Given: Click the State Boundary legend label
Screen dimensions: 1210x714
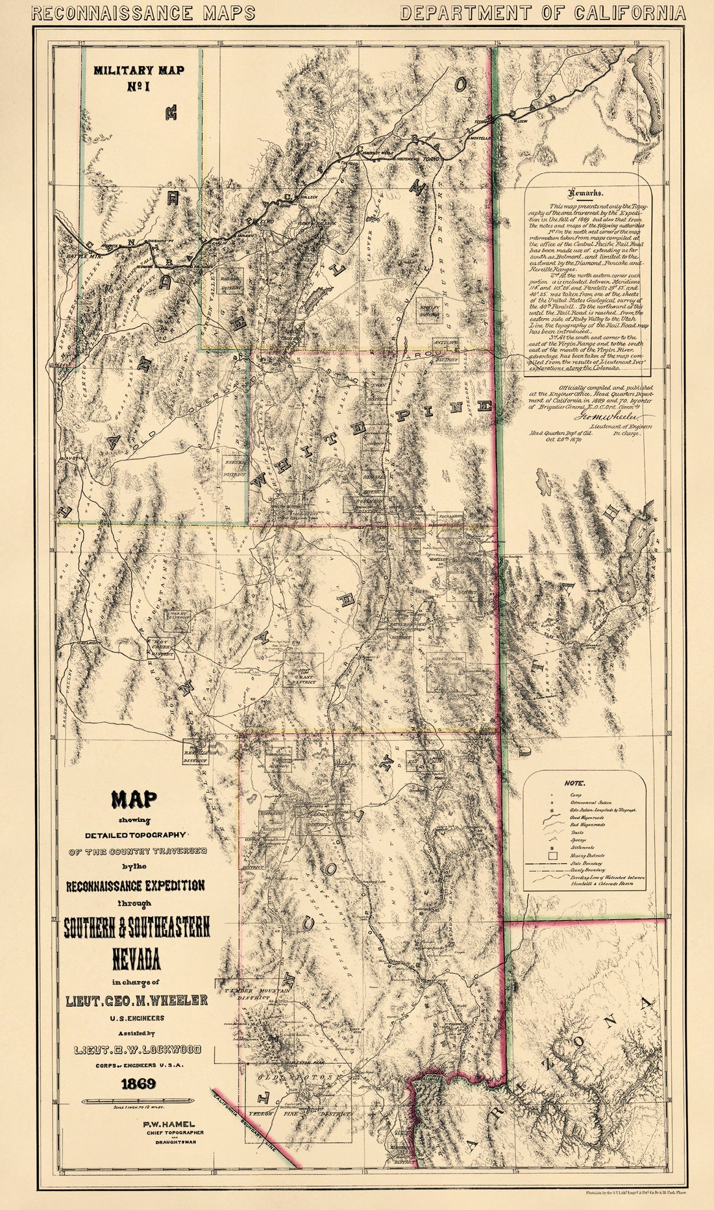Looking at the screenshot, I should point(585,864).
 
